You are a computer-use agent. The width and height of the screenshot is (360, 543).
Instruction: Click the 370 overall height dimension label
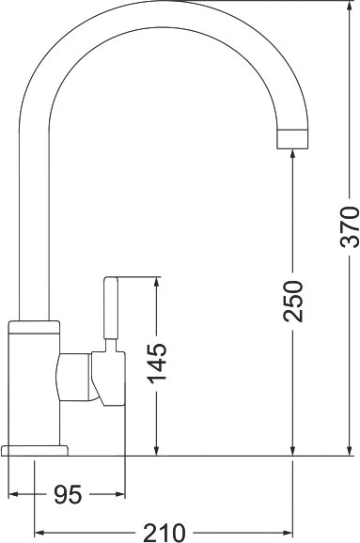pyautogui.click(x=350, y=226)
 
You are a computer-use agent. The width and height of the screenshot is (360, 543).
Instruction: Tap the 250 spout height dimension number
pyautogui.click(x=293, y=301)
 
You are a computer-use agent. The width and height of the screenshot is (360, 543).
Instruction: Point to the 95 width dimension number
pyautogui.click(x=68, y=494)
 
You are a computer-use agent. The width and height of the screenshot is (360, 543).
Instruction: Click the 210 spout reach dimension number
pyautogui.click(x=164, y=533)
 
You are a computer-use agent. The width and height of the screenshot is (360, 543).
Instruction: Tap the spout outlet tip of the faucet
pyautogui.click(x=292, y=139)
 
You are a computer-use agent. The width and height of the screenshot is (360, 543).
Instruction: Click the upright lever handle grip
pyautogui.click(x=111, y=308)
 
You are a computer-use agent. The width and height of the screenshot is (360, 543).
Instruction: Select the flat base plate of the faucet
pyautogui.click(x=35, y=451)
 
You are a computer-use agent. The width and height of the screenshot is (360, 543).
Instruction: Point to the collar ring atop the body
pyautogui.click(x=34, y=327)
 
